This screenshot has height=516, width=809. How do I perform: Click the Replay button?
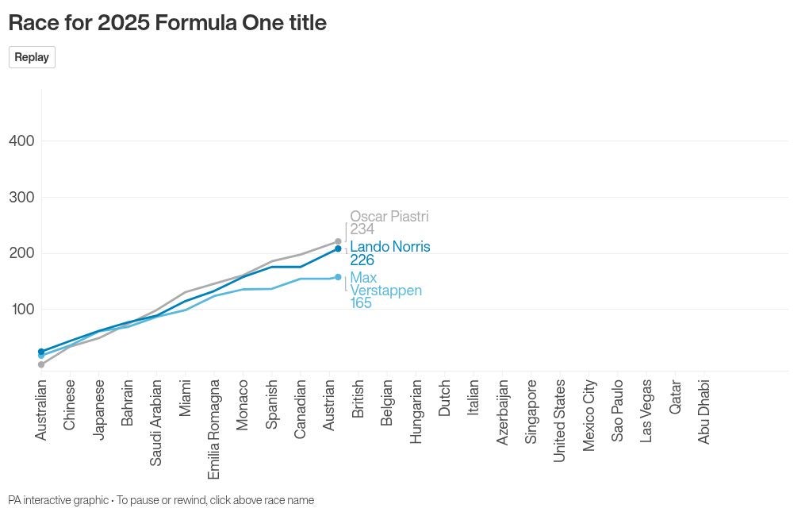32,57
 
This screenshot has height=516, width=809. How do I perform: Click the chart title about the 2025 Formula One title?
167,23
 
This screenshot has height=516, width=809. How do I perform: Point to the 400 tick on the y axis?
21,141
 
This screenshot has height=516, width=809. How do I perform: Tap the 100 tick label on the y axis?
21,309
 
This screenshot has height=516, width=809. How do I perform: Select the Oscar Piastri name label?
389,217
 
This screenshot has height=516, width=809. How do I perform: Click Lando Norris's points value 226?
362,260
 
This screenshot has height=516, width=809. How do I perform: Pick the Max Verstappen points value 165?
361,303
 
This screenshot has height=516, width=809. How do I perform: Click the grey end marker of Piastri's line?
338,241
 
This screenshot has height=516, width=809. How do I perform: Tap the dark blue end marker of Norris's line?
338,248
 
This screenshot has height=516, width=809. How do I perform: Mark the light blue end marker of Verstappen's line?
338,277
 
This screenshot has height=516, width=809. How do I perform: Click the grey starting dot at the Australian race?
41,364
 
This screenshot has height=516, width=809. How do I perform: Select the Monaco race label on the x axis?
243,405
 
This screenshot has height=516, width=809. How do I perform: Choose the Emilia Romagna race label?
214,429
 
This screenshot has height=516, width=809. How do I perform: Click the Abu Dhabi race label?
704,411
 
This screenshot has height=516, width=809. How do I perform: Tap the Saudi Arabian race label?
156,422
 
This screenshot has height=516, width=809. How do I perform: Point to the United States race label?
560,421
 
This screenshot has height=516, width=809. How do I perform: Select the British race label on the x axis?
358,399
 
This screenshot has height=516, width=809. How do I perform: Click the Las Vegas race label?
646,410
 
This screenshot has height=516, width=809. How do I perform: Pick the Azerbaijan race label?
502,412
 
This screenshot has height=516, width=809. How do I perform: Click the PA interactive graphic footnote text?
161,500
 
